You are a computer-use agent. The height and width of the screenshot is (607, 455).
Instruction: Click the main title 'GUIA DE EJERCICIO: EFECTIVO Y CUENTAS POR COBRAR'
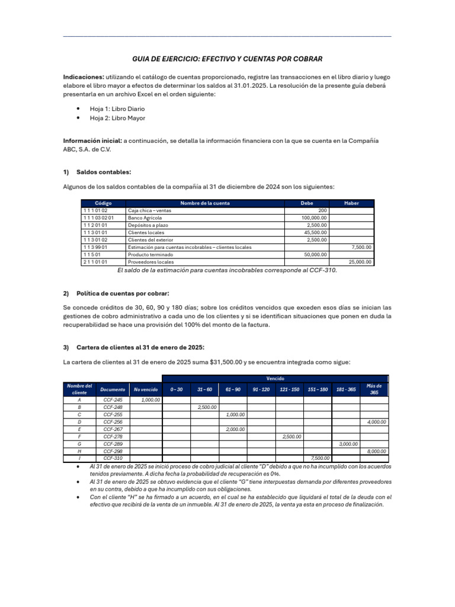[x=227, y=59]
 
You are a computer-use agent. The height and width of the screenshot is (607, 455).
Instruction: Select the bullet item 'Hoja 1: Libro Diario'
[x=117, y=109]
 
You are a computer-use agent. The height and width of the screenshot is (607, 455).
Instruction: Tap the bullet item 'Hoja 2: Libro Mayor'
[x=117, y=118]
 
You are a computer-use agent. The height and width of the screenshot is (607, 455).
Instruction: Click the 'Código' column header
[x=103, y=203]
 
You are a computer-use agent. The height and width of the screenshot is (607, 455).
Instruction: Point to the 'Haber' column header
[x=352, y=203]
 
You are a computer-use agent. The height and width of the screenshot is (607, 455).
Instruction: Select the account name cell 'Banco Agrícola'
[x=145, y=218]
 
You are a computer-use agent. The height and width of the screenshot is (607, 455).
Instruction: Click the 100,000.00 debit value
[x=314, y=218]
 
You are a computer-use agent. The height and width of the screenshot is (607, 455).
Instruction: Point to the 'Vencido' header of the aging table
[x=275, y=378]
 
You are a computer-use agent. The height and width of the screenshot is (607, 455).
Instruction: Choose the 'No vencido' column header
[x=146, y=389]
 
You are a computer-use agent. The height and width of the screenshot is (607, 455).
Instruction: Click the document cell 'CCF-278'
[x=113, y=436]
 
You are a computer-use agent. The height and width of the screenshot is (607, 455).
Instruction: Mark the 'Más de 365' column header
[x=374, y=389]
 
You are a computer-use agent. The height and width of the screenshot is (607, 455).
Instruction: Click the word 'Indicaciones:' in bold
[x=84, y=77]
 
